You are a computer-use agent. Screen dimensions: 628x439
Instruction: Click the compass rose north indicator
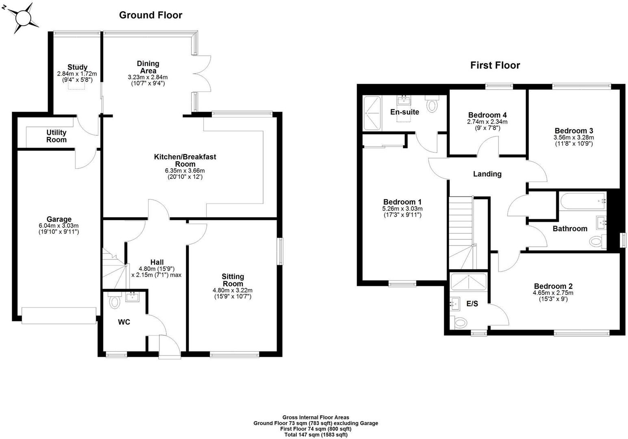(x=4, y=8)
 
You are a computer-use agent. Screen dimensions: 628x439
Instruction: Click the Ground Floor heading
(x=150, y=15)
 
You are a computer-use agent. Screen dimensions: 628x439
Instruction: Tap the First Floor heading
(x=495, y=65)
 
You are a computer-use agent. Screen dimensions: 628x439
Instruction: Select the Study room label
(x=77, y=67)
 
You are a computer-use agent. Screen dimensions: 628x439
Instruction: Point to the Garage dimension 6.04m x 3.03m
(x=59, y=226)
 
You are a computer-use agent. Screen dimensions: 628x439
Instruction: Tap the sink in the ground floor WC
(x=133, y=297)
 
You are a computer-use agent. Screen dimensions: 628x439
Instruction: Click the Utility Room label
(x=56, y=136)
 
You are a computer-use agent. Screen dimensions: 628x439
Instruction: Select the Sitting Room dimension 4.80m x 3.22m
(x=233, y=290)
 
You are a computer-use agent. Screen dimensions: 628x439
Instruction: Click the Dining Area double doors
(x=202, y=74)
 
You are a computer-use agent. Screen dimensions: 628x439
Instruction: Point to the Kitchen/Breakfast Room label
(x=185, y=160)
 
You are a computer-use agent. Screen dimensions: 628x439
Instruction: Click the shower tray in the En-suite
(x=372, y=113)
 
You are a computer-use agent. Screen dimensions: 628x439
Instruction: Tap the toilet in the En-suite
(x=432, y=104)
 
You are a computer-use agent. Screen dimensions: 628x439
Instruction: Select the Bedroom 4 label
(x=487, y=115)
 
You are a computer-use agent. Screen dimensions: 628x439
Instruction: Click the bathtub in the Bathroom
(x=582, y=201)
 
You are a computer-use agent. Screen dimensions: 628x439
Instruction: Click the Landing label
(x=487, y=174)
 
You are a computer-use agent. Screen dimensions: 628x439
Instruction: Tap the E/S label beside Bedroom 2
(x=472, y=304)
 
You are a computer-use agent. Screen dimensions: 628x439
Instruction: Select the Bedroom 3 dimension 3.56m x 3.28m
(x=574, y=138)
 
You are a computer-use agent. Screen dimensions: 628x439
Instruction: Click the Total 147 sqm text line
(x=316, y=435)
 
